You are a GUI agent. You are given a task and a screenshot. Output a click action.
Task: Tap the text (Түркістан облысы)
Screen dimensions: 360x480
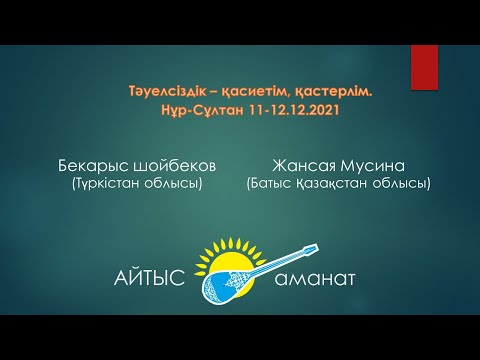pos(137,183)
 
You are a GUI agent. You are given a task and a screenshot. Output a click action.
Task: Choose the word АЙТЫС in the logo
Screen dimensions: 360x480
pos(150,277)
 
